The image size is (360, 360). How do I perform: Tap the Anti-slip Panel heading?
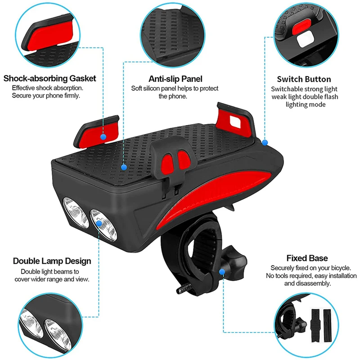[175, 79]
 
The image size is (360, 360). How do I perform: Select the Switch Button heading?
[304, 79]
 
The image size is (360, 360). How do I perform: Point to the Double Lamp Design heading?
[52, 261]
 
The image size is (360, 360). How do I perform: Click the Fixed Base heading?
[307, 258]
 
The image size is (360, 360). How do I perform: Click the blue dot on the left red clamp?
[103, 136]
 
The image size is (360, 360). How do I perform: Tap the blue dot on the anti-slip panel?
[124, 166]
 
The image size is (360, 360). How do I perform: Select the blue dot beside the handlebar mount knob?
[222, 272]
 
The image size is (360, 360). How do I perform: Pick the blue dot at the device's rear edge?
[265, 142]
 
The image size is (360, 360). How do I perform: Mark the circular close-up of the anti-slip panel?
[175, 34]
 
